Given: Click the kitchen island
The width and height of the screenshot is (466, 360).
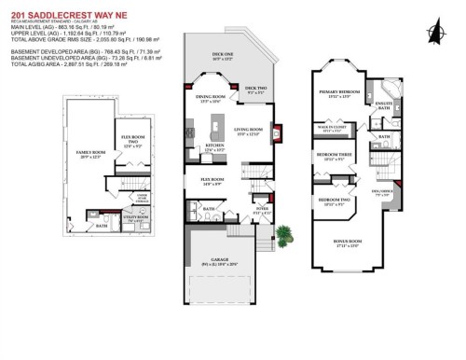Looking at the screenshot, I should coord(220,124).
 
